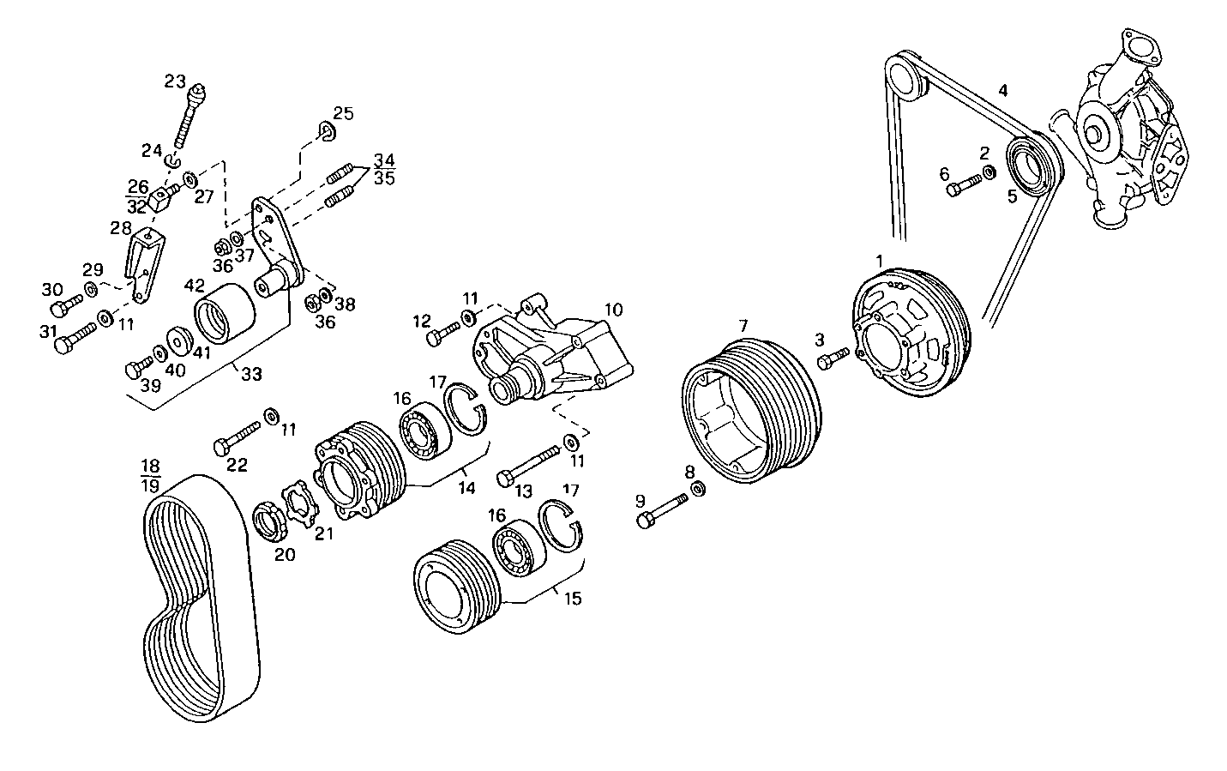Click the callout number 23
(175, 81)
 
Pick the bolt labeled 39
(136, 368)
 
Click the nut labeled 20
(270, 522)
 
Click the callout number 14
(466, 488)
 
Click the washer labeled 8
(699, 489)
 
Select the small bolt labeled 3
(832, 358)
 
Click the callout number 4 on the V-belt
(1002, 90)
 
